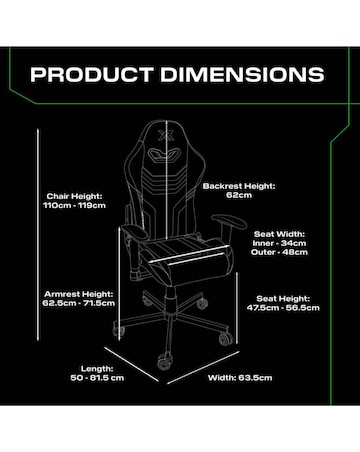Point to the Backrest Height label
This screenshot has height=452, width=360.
(x=237, y=186)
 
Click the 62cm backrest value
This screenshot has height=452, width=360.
(x=237, y=196)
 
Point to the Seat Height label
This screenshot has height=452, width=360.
(x=288, y=298)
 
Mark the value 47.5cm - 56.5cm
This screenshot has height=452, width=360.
(x=288, y=308)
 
